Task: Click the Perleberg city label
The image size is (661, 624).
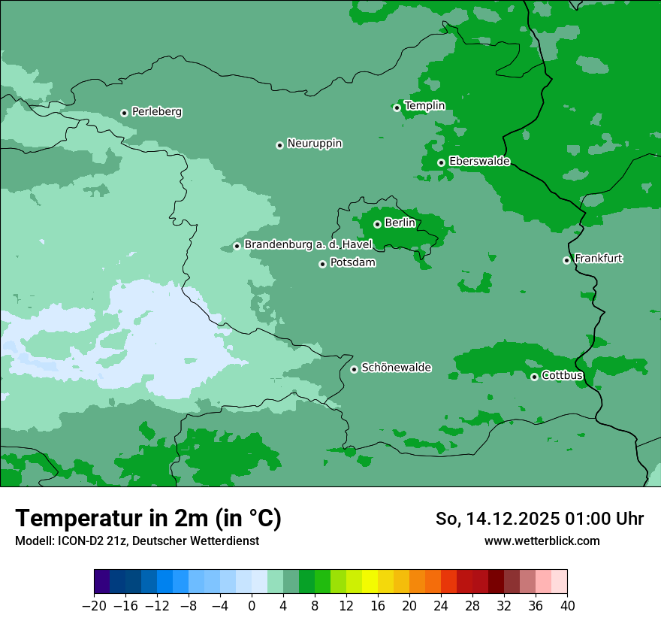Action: point(156,112)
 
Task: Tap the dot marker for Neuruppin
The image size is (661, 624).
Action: point(279,145)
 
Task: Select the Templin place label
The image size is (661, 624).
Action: point(424,106)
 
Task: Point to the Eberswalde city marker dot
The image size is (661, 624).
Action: point(441,162)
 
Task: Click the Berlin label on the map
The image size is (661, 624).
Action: point(400,223)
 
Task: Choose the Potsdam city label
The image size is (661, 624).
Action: point(352,263)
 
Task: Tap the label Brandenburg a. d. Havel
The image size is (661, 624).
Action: point(308,245)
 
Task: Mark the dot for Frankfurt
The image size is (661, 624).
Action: point(566,260)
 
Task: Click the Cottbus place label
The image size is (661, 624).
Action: point(562,375)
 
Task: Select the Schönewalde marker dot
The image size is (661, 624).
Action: point(354,369)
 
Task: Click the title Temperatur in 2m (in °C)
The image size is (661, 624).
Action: point(148,519)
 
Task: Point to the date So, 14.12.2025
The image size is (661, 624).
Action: point(496,519)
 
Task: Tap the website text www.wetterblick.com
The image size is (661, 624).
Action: point(542,541)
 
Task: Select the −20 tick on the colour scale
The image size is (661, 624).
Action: point(95,606)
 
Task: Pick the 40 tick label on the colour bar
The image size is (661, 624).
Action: point(567,606)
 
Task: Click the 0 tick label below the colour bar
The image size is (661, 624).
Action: point(252,606)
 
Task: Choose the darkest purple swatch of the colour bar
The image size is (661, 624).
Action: point(102,582)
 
